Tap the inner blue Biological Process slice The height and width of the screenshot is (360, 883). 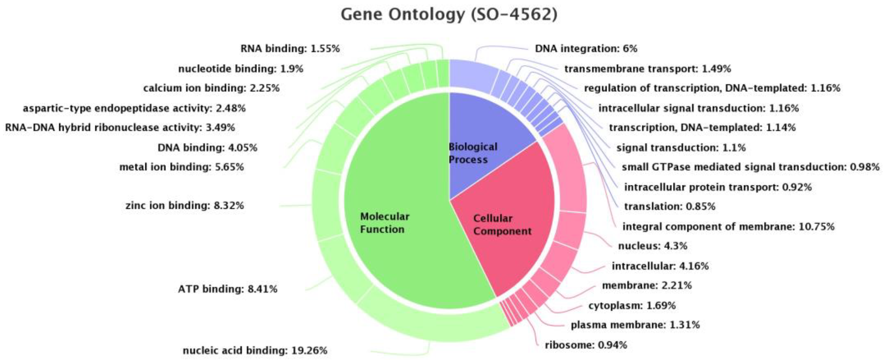click(480, 137)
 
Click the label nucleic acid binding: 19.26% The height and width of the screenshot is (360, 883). click(255, 350)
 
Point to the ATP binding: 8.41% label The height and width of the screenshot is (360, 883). click(228, 289)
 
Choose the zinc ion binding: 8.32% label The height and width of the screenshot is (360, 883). click(185, 206)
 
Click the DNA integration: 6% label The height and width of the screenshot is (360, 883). click(586, 49)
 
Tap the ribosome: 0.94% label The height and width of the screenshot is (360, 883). click(586, 345)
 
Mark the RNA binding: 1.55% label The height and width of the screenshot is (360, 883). click(290, 49)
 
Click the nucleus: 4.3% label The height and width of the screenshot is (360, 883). click(653, 246)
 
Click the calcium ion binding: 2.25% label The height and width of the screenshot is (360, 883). click(211, 88)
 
